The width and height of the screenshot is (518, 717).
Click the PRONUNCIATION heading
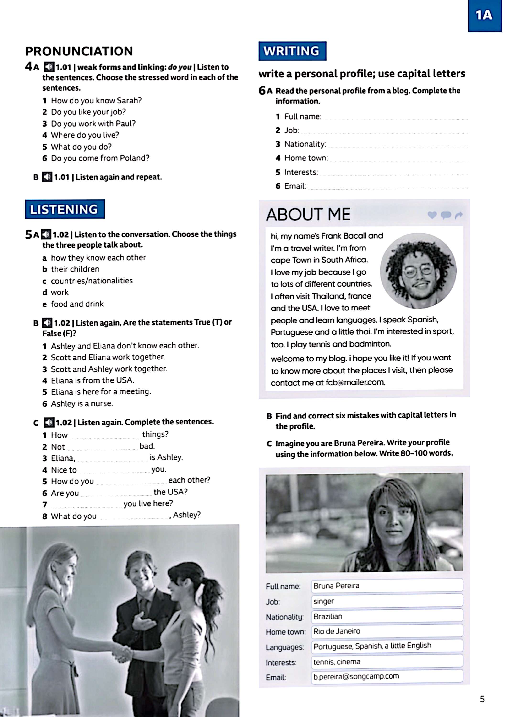point(79,51)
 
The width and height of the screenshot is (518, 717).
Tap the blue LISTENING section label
point(65,209)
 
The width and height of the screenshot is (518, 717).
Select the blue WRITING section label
point(292,51)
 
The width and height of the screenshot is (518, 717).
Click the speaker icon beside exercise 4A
point(49,67)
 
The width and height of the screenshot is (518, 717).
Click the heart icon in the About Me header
point(432,215)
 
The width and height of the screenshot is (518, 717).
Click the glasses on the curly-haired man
point(418,271)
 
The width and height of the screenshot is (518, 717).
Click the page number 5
point(482,699)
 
